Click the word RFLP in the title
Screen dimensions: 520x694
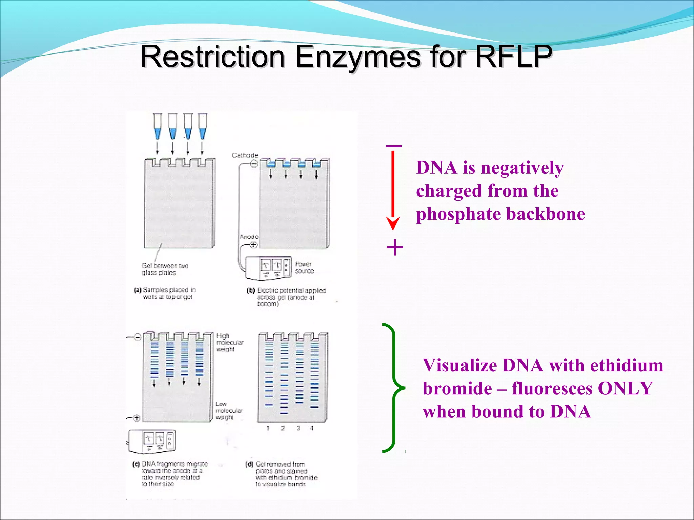(x=513, y=56)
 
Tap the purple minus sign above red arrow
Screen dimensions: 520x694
(x=393, y=146)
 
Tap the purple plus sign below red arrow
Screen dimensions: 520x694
(x=395, y=247)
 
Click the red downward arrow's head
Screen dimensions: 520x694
(x=393, y=223)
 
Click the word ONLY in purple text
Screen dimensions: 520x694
(x=625, y=388)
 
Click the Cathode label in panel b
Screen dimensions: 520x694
(x=245, y=155)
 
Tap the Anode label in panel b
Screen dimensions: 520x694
(x=249, y=237)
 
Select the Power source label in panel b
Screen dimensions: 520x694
(x=304, y=267)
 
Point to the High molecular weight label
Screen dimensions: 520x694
(x=229, y=342)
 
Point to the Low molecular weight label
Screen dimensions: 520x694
(x=229, y=410)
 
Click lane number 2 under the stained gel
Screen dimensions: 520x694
(x=283, y=428)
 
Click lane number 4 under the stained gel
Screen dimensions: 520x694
(x=312, y=428)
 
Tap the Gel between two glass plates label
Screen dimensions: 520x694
(x=165, y=269)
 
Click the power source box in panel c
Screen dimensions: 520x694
(x=152, y=441)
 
